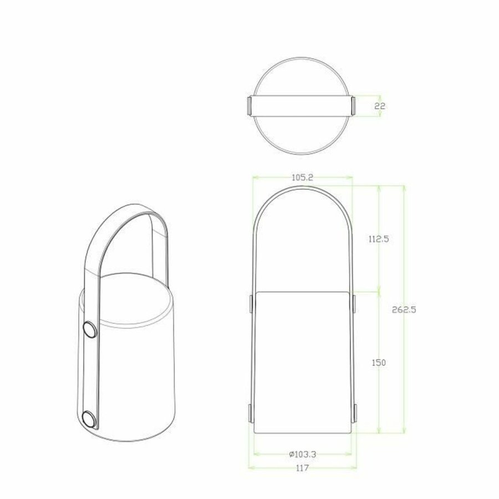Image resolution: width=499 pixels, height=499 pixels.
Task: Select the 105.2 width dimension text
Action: pos(302,177)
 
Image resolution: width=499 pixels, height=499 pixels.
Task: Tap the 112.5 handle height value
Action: pos(378,239)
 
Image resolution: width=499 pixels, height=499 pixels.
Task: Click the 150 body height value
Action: pos(378,361)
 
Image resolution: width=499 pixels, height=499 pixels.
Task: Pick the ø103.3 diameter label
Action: pos(302,454)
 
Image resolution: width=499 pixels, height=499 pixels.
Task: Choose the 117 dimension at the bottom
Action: pos(302,467)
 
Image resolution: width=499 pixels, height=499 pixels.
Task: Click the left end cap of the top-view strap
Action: pos(249,105)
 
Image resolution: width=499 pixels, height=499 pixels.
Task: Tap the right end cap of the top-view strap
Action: pos(352,105)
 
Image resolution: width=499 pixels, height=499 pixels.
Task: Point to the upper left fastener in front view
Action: pos(251,303)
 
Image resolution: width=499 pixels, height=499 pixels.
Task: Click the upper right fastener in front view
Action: pos(354,303)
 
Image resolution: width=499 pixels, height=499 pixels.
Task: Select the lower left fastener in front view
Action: pos(251,413)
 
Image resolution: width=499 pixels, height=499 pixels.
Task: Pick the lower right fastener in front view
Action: pos(354,413)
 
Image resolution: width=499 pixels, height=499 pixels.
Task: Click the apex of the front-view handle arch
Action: pos(302,187)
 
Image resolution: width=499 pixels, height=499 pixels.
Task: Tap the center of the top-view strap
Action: pos(301,105)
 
